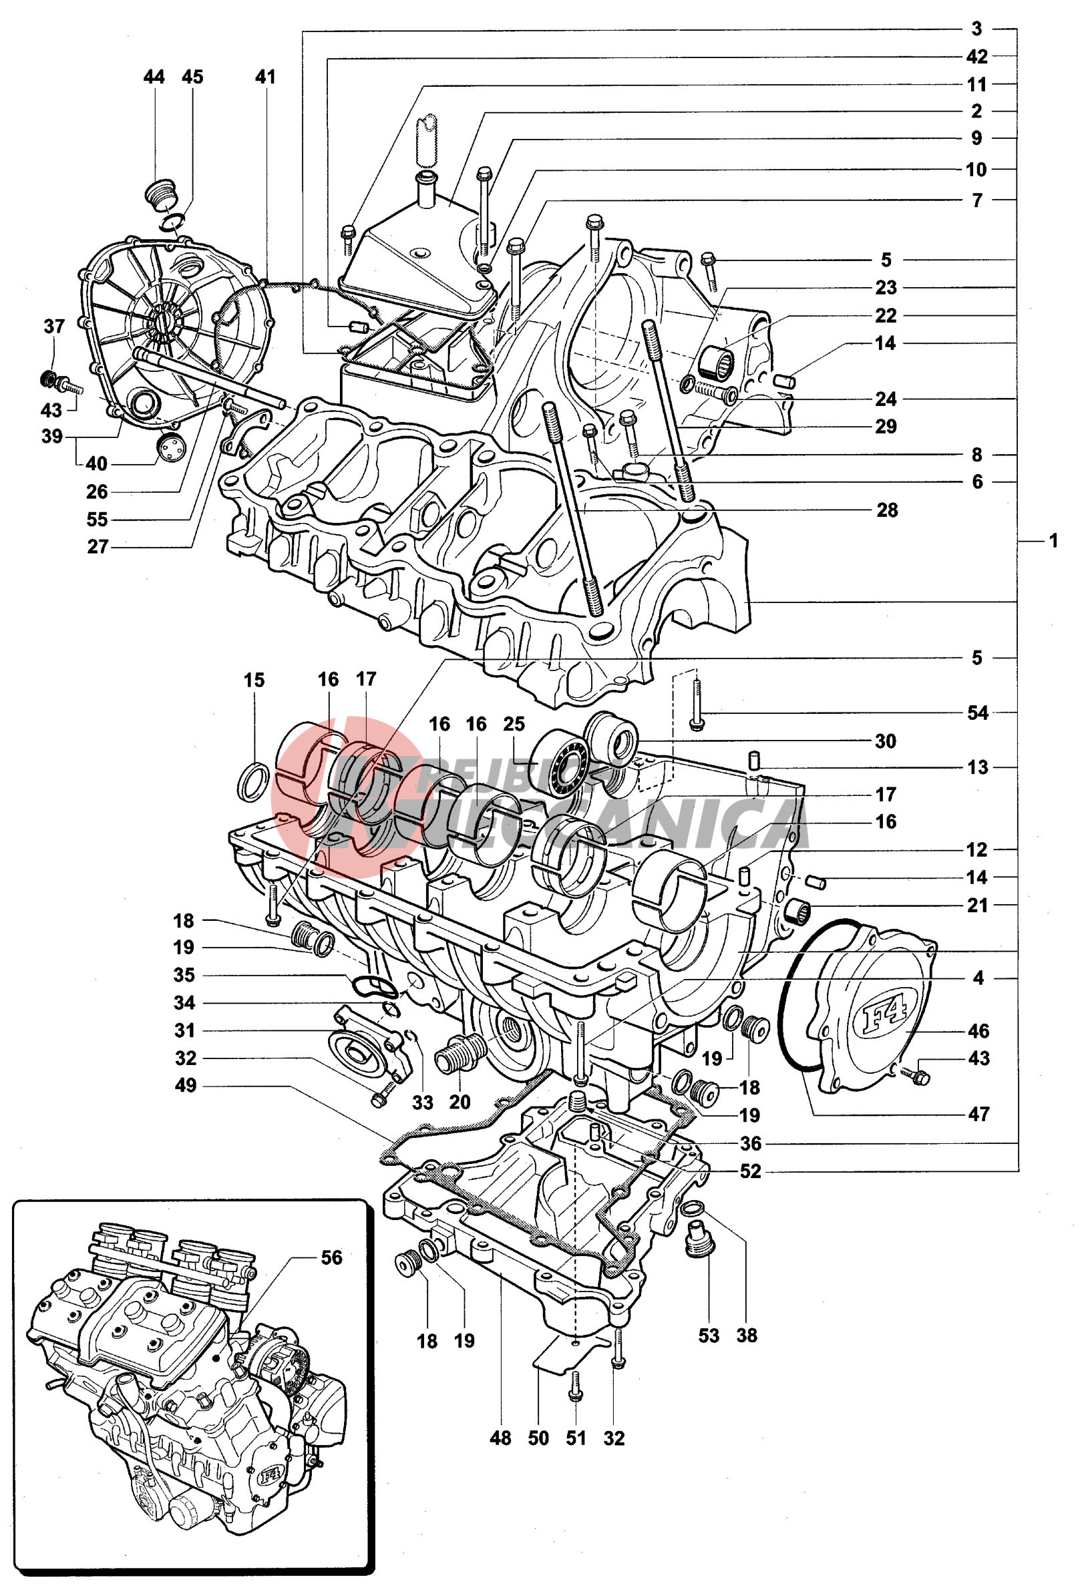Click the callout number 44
tap(154, 77)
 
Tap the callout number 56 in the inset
tap(331, 1257)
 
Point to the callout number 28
tap(886, 510)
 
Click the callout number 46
tap(978, 1031)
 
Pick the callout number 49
tap(186, 1086)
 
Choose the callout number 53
tap(709, 1336)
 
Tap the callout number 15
tap(254, 680)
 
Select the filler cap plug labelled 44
tap(162, 193)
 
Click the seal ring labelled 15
tap(253, 781)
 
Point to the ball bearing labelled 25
tap(560, 763)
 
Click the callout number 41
tap(265, 77)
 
